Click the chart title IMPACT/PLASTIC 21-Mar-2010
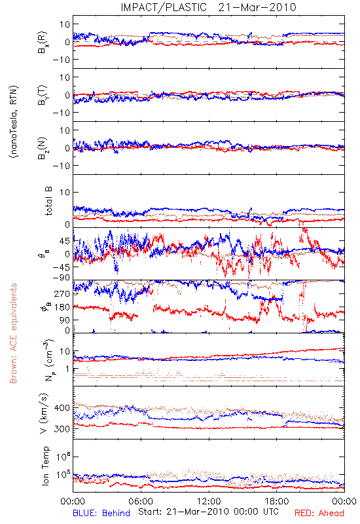[208, 7]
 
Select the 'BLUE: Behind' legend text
[101, 513]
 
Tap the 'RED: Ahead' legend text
[319, 513]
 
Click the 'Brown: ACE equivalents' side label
[13, 333]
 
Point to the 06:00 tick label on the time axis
[141, 501]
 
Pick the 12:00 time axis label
[209, 501]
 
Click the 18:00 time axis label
[277, 501]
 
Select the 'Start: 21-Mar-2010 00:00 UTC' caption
[208, 512]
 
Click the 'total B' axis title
[48, 201]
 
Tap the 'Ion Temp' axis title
[45, 466]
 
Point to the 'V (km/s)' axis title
[44, 413]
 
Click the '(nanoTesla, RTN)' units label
[14, 122]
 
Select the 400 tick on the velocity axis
[62, 407]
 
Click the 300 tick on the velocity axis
[62, 429]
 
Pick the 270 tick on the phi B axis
[62, 293]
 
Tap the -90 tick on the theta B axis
[61, 278]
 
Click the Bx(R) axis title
[43, 42]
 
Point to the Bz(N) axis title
[43, 148]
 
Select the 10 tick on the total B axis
[65, 192]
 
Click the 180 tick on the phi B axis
[62, 307]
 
